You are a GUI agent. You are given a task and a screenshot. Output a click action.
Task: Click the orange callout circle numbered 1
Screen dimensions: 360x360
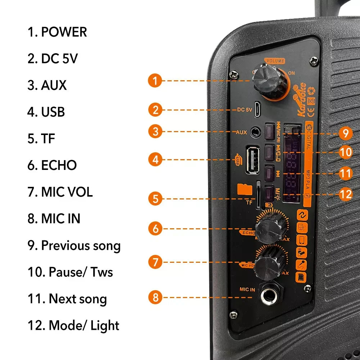155,80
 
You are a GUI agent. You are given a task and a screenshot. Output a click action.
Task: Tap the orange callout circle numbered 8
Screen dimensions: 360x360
155,297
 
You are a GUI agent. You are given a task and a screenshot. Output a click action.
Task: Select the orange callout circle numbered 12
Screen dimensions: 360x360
345,195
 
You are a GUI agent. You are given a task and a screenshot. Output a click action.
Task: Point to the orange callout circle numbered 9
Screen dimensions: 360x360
345,134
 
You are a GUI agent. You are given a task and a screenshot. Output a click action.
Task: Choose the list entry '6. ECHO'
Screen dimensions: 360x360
52,165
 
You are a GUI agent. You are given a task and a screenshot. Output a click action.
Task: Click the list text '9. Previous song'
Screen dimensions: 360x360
74,246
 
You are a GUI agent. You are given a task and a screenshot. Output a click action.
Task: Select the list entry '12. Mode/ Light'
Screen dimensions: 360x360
73,325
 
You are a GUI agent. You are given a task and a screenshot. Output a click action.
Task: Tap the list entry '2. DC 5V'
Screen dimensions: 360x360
53,59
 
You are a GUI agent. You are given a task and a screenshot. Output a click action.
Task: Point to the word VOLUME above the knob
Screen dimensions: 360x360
275,61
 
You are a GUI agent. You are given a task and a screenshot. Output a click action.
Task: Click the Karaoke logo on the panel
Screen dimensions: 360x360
301,100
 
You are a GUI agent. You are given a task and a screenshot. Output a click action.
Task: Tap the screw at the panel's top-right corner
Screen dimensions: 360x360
314,61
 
